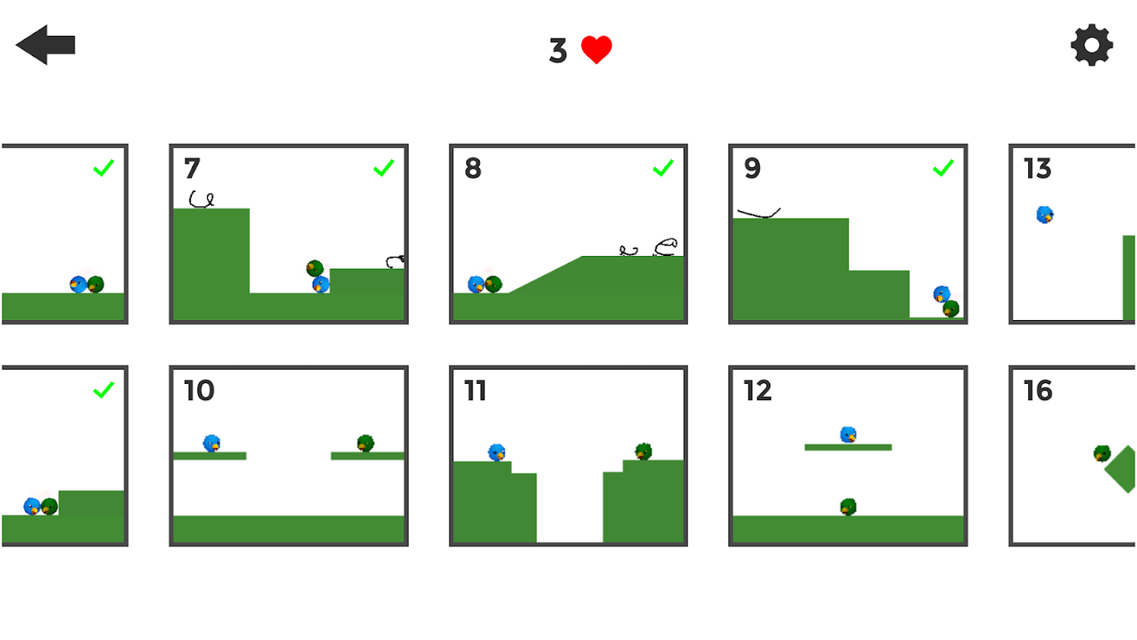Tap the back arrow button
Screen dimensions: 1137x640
coord(46,45)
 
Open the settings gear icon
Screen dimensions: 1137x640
coord(1092,45)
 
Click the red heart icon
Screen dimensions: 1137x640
coord(596,50)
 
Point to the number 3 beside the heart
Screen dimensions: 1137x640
coord(558,50)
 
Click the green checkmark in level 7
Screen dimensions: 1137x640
coord(384,168)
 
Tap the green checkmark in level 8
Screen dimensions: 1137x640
coord(663,168)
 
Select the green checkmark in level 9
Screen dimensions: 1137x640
coord(943,168)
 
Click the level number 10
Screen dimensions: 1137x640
coord(199,390)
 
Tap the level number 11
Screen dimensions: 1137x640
coord(475,390)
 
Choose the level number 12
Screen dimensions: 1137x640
coord(758,390)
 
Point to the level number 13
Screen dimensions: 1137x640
coord(1038,168)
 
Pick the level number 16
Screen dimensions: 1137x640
coord(1038,390)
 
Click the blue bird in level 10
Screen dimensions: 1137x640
coord(212,443)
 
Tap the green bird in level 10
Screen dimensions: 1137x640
coord(365,443)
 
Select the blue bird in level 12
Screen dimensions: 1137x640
coord(848,434)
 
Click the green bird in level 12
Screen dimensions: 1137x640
coord(848,507)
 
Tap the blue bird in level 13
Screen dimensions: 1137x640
coord(1045,215)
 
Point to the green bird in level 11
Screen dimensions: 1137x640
coord(644,451)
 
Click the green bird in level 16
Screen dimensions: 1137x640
coord(1102,453)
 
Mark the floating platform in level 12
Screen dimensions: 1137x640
coord(848,447)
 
